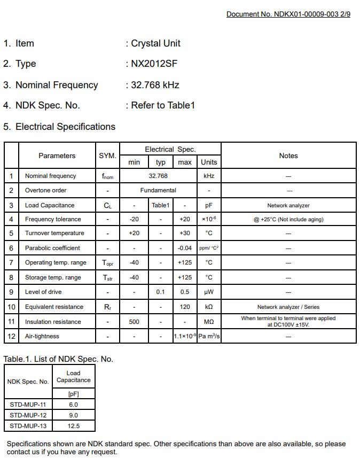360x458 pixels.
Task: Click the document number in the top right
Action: point(288,14)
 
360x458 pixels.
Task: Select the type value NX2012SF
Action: point(154,64)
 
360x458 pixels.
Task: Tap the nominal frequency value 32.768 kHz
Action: point(155,85)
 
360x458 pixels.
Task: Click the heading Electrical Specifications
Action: point(65,127)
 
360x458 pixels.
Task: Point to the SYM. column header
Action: point(107,156)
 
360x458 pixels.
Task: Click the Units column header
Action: point(209,162)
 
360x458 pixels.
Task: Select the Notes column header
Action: point(288,156)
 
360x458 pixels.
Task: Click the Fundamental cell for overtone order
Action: point(158,190)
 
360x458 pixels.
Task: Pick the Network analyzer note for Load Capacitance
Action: point(288,205)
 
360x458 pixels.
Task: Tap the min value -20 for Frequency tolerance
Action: point(134,219)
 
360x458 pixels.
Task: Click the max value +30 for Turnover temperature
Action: point(184,233)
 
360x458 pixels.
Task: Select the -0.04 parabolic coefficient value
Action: point(184,248)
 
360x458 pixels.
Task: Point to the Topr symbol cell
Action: point(107,263)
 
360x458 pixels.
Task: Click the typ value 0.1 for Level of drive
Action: point(160,292)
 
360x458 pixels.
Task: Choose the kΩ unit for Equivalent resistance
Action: point(209,307)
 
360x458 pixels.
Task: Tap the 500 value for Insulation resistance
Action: point(134,322)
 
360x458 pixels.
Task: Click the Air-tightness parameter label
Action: point(42,336)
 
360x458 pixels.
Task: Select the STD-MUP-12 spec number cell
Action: point(28,415)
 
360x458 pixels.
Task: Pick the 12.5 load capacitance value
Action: point(74,426)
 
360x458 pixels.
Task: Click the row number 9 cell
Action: point(11,292)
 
